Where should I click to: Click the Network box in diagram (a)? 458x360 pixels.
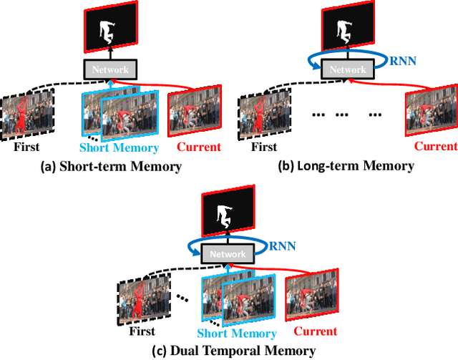(110, 69)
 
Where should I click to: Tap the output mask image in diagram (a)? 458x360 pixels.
(110, 28)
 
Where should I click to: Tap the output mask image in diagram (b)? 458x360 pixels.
(346, 28)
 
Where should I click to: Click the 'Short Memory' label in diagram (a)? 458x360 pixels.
(118, 147)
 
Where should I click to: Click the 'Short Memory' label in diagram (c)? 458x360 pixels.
(237, 334)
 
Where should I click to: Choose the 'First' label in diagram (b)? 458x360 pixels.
(264, 147)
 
